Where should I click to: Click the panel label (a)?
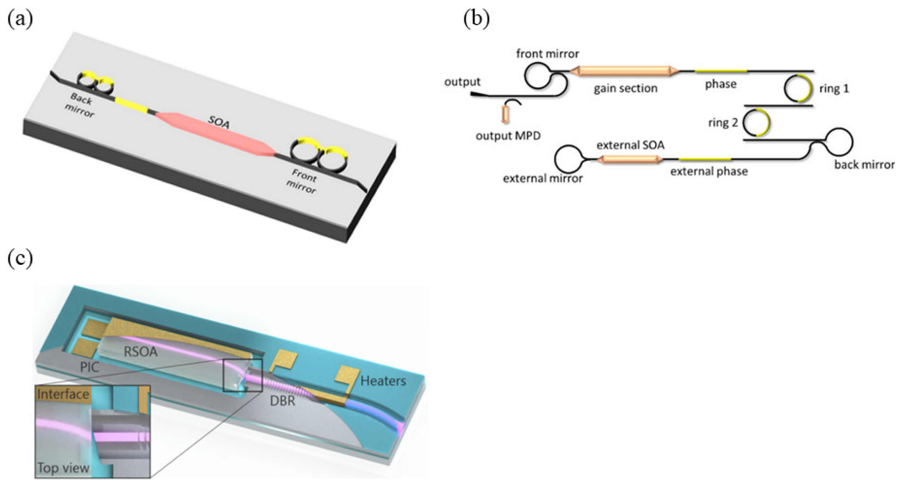tap(20, 19)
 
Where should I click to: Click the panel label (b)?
tap(476, 19)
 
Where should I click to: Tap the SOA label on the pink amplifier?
tap(219, 122)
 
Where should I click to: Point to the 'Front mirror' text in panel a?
tap(303, 181)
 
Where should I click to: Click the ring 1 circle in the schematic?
tap(798, 88)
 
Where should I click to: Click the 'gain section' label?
tap(625, 88)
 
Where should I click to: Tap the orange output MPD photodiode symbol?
tap(505, 114)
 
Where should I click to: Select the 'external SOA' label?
tap(630, 145)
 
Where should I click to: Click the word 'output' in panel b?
tap(462, 82)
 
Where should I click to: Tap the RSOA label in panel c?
tap(141, 351)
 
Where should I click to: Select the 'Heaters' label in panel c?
tap(383, 381)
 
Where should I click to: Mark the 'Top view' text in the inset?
tap(63, 468)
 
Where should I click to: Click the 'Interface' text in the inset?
tap(63, 394)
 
